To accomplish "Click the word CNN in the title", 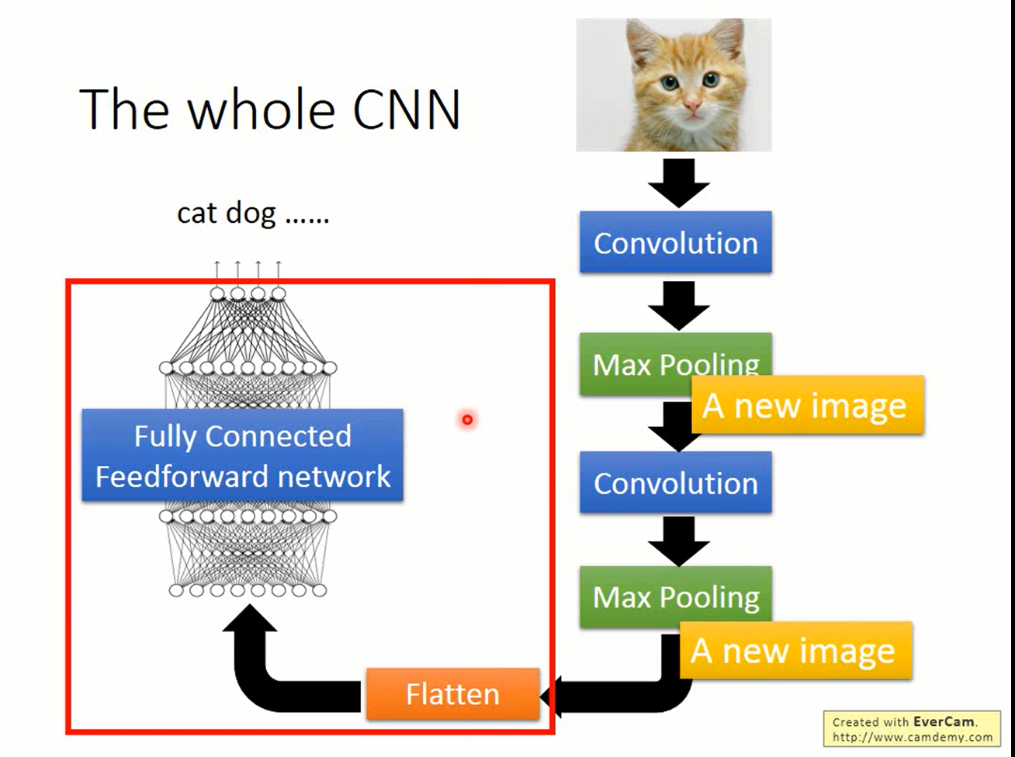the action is click(x=407, y=109).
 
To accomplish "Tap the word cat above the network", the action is click(x=197, y=214).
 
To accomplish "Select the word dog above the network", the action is click(x=251, y=214).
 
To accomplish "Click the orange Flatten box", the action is click(x=452, y=693).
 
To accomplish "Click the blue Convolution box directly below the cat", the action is click(x=676, y=242).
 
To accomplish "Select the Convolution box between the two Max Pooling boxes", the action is click(x=676, y=482).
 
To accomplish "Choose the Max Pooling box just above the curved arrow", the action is click(x=676, y=596).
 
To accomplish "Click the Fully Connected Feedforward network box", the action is click(x=242, y=455).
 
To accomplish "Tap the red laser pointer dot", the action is click(x=467, y=420).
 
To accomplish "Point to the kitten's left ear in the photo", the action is click(x=642, y=45).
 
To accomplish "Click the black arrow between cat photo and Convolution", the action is click(x=678, y=183).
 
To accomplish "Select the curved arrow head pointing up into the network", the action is click(x=250, y=618).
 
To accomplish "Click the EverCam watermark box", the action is click(x=912, y=729).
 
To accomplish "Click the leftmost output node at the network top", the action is click(x=217, y=293).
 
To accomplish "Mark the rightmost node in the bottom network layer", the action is click(x=320, y=590).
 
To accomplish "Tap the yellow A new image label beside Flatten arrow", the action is click(x=795, y=651).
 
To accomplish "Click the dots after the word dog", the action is click(x=307, y=221).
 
